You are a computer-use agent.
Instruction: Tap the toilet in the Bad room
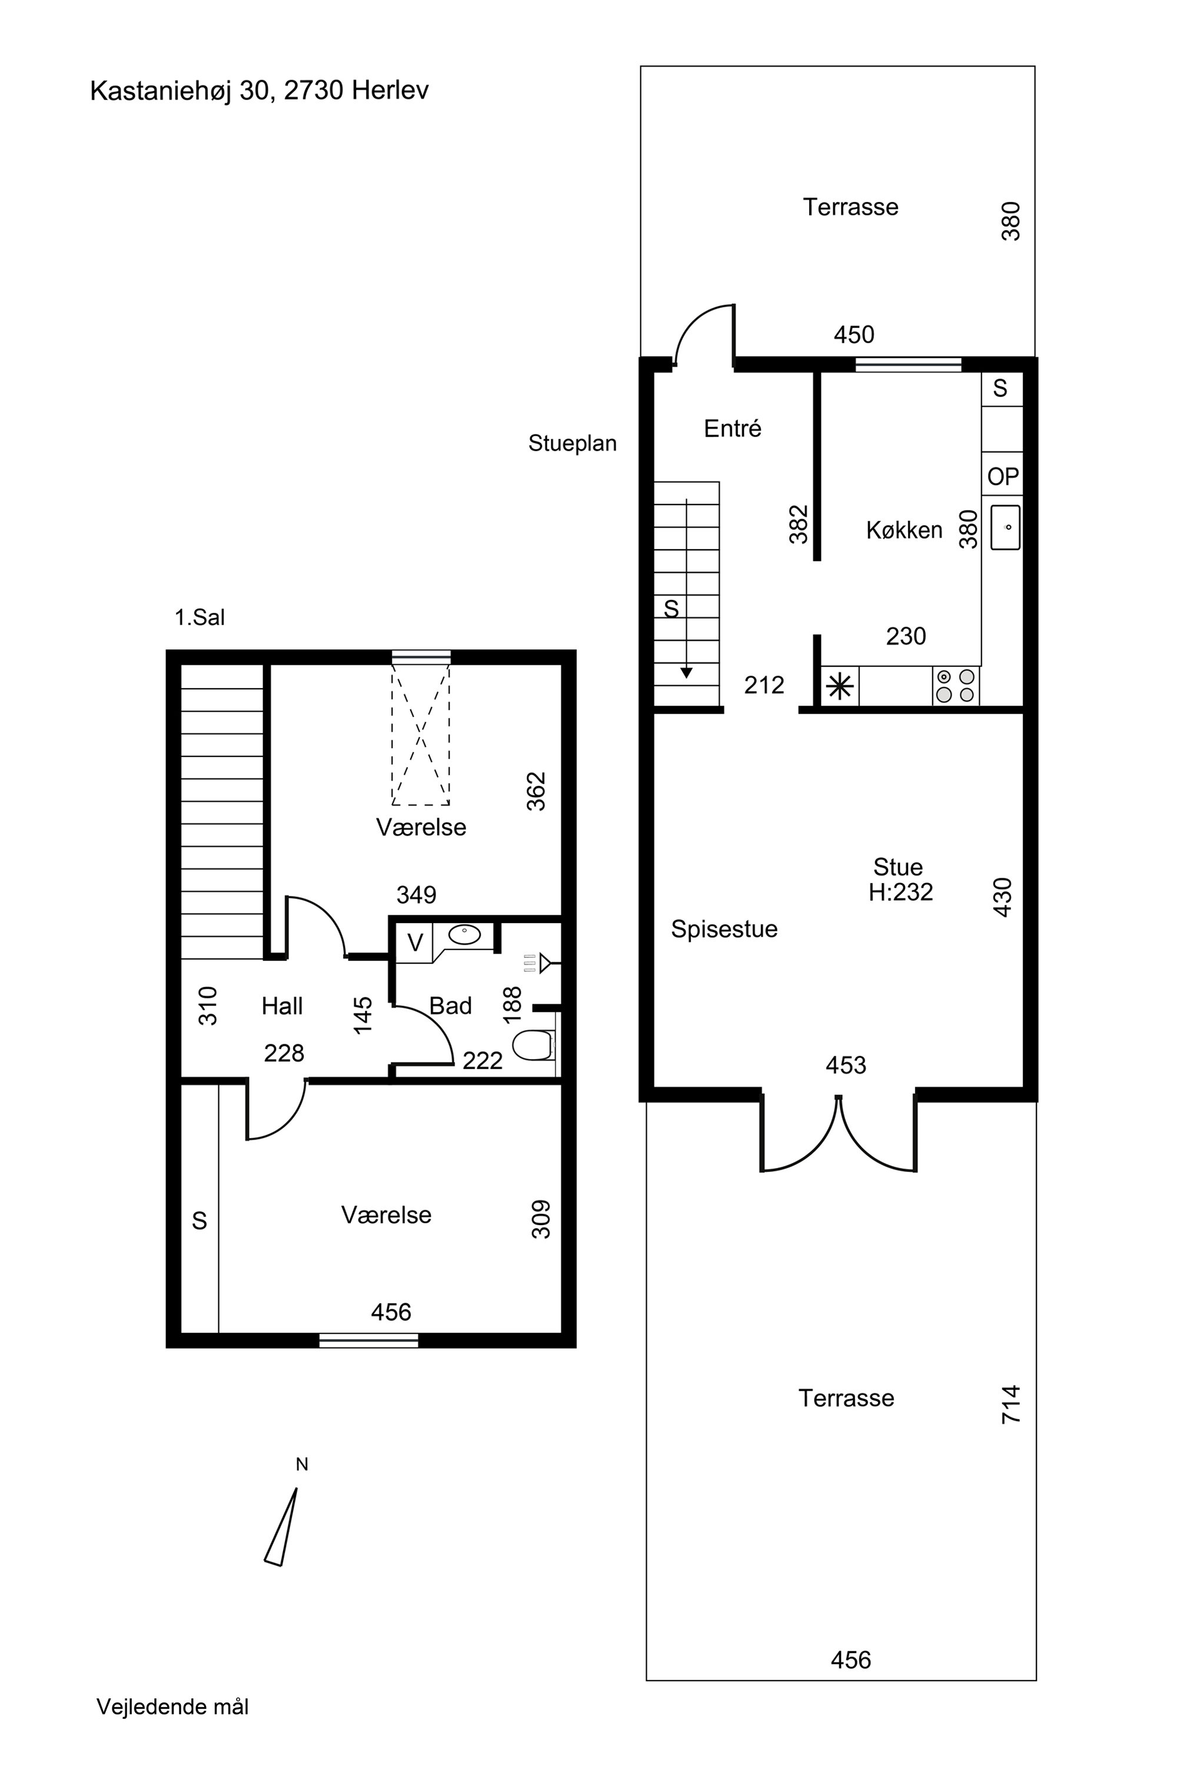534,1045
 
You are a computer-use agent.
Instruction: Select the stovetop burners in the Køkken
956,686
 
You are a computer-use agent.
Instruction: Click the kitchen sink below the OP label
1005,527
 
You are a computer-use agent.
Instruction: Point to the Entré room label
733,428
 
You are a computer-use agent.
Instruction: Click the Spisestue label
724,929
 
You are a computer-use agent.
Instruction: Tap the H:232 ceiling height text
901,892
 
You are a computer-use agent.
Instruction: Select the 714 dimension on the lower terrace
1011,1404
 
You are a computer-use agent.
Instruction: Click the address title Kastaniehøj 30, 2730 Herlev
259,91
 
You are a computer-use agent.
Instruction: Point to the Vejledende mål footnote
172,1707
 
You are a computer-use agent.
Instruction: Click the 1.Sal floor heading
200,617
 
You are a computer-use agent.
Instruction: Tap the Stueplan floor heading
573,443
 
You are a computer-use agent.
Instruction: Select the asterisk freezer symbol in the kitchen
840,686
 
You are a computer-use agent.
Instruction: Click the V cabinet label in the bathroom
415,942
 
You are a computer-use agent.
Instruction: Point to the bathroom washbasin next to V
465,935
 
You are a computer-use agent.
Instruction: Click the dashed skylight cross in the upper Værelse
420,734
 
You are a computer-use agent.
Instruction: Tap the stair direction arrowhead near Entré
686,673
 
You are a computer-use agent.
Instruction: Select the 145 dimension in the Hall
363,1015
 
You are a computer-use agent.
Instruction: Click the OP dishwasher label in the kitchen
1003,477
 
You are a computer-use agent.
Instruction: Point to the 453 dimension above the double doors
846,1065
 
